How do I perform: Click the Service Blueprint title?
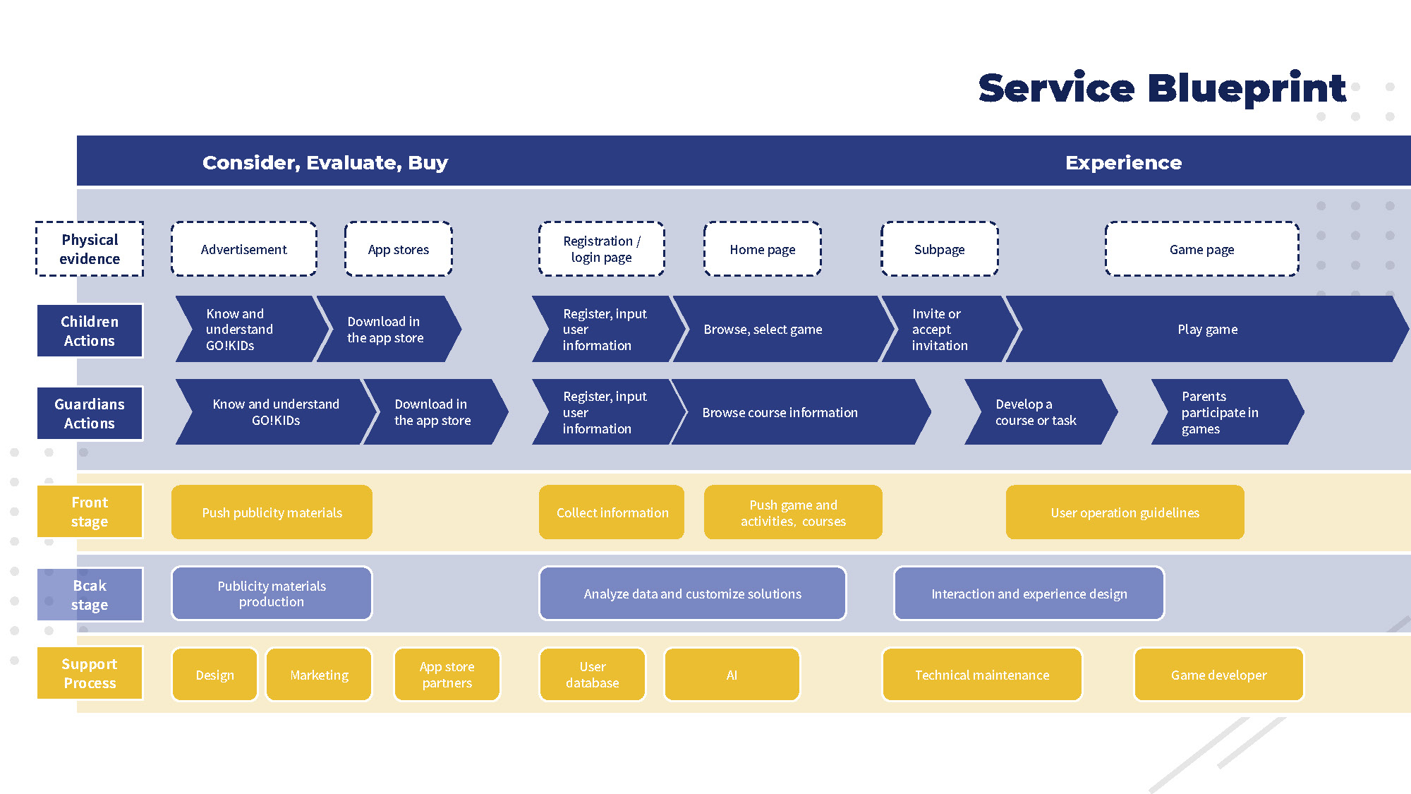pyautogui.click(x=1162, y=88)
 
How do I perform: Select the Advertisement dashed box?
pyautogui.click(x=244, y=249)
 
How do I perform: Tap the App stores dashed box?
pyautogui.click(x=399, y=249)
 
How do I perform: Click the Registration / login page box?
pyautogui.click(x=602, y=249)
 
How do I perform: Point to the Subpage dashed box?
pyautogui.click(x=939, y=249)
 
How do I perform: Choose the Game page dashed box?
pyautogui.click(x=1201, y=249)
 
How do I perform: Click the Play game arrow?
pyautogui.click(x=1207, y=330)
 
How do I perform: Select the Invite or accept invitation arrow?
pyautogui.click(x=942, y=330)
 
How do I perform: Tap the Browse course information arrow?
pyautogui.click(x=790, y=412)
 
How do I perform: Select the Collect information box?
pyautogui.click(x=612, y=512)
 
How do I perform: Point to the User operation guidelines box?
pyautogui.click(x=1125, y=512)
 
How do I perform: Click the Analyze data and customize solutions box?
pyautogui.click(x=692, y=594)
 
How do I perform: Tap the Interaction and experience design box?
pyautogui.click(x=1029, y=594)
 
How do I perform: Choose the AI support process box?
pyautogui.click(x=732, y=675)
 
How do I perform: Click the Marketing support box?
pyautogui.click(x=319, y=675)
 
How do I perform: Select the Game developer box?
pyautogui.click(x=1218, y=675)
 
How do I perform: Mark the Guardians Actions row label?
pyautogui.click(x=90, y=414)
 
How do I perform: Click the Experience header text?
pyautogui.click(x=1123, y=162)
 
